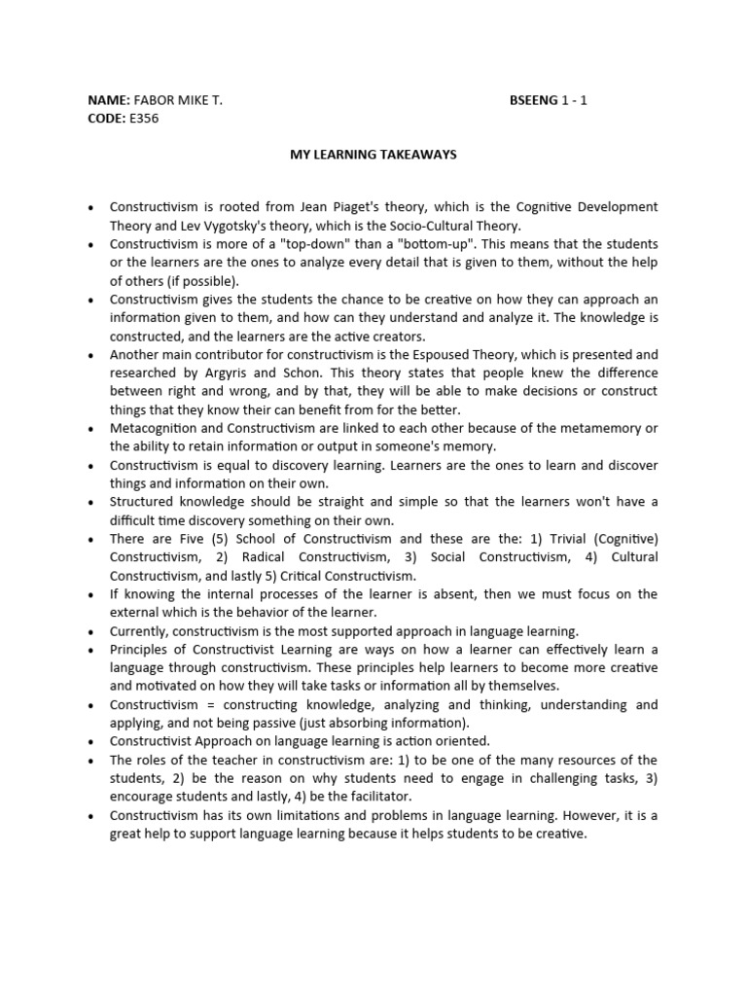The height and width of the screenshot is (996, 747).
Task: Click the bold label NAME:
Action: (108, 100)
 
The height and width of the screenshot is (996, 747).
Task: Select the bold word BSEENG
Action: (533, 100)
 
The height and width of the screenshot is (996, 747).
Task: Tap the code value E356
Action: (144, 119)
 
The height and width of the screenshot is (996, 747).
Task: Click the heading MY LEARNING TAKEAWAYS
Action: (373, 155)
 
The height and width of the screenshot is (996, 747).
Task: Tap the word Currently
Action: (140, 631)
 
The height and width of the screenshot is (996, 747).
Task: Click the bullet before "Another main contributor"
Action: (90, 355)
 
